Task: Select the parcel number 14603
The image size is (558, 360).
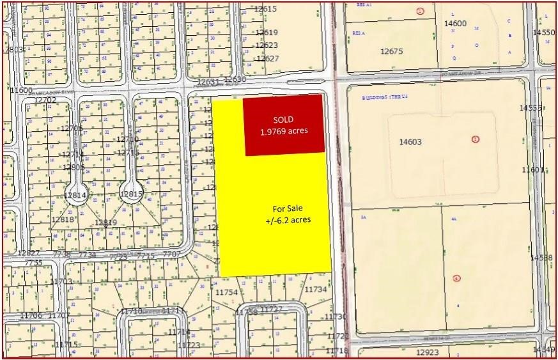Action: (x=411, y=141)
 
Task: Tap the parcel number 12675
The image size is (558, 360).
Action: (x=392, y=51)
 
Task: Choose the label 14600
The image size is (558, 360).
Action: (x=455, y=24)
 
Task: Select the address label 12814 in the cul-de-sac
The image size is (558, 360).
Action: (x=75, y=194)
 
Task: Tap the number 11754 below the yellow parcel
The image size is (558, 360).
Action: (x=227, y=292)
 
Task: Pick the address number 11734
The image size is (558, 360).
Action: (x=316, y=290)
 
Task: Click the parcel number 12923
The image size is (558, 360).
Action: (x=428, y=352)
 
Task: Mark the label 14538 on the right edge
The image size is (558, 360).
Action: (x=541, y=258)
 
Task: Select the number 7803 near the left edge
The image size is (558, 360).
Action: (x=13, y=49)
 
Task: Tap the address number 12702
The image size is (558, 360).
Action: (x=45, y=100)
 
